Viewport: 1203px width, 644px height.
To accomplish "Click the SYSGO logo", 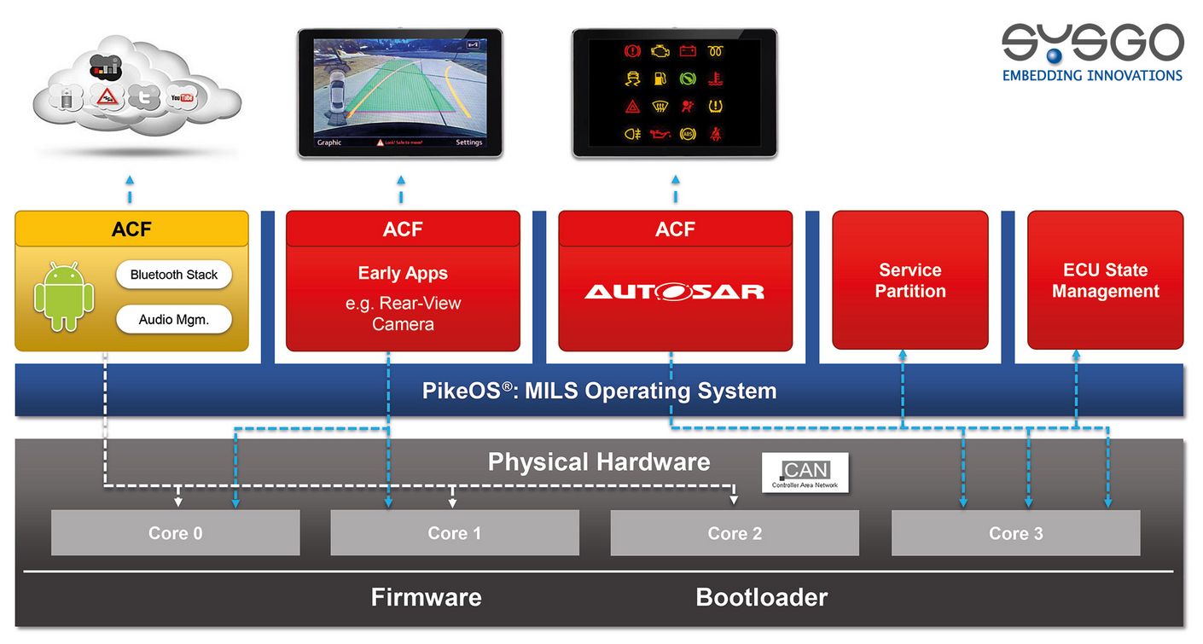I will click(x=1092, y=51).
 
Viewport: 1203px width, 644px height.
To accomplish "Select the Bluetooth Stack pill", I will click(x=174, y=275).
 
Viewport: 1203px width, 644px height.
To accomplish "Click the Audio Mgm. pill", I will click(x=174, y=320).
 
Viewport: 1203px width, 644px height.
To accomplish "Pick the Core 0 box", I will click(x=176, y=533).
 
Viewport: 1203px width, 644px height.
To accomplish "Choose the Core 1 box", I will click(x=455, y=533).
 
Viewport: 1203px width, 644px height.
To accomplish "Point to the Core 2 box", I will click(x=735, y=533).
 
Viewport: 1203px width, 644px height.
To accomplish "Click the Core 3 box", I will click(x=1015, y=533).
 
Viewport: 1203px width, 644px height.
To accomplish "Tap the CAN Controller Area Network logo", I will click(x=805, y=473).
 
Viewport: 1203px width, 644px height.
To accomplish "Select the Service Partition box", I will click(x=910, y=281).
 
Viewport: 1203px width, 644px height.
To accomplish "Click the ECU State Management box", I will click(x=1105, y=281).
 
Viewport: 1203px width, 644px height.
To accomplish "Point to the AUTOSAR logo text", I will click(x=675, y=292).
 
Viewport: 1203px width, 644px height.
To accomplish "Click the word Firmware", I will click(x=426, y=597).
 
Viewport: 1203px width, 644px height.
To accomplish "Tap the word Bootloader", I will click(x=761, y=597).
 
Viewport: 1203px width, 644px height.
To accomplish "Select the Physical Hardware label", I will click(x=599, y=462).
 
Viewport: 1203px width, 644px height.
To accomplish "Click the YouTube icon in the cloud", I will click(x=181, y=98).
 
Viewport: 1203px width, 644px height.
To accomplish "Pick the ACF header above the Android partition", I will click(x=131, y=229).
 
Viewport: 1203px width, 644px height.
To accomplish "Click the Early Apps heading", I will click(x=403, y=274).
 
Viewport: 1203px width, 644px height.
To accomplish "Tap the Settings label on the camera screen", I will click(x=468, y=142).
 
